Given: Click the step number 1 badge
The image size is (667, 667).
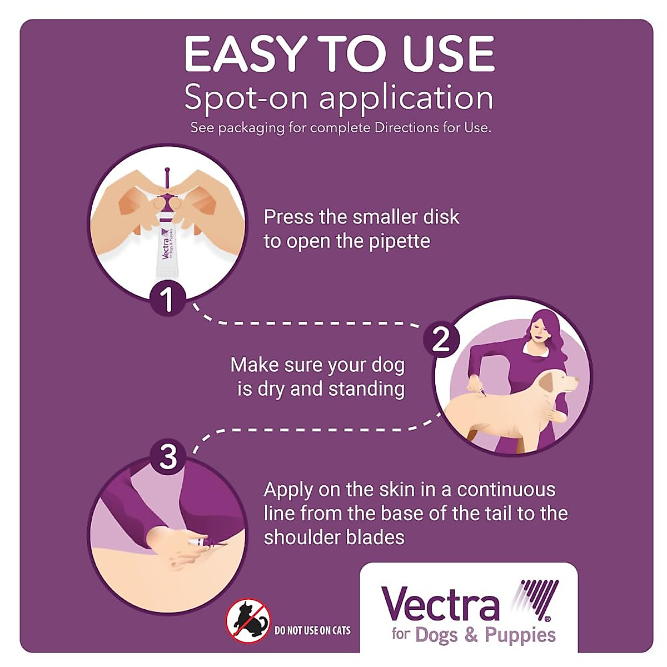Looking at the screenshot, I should click(167, 298).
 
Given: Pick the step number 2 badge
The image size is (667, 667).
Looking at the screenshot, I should click(441, 339).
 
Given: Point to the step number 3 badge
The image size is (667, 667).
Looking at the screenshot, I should click(168, 457).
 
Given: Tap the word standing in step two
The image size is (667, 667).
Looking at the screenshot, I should click(366, 389).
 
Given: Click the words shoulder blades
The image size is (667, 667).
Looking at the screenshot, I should click(334, 537).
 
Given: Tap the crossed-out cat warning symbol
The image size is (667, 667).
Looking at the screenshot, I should click(248, 621).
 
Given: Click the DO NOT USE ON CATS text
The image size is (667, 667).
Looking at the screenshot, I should click(313, 630).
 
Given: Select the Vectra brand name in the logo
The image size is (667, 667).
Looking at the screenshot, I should click(440, 604).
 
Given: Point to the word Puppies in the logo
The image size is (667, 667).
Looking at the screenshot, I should click(520, 635).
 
